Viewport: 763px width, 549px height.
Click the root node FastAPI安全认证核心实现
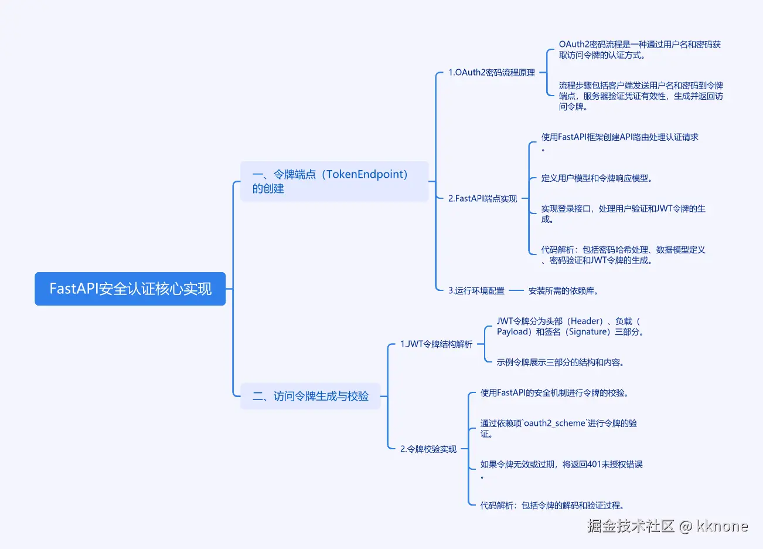130,289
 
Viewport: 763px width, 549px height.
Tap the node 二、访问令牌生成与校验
311,396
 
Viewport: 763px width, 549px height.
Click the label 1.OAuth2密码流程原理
492,73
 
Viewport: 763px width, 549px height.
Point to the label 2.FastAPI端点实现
482,199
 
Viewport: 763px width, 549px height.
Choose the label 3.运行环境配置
476,291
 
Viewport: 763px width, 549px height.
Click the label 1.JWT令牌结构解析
436,344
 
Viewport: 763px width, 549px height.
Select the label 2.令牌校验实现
428,449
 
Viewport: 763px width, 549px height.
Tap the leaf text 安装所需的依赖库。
563,291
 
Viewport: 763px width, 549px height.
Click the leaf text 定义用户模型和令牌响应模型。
597,178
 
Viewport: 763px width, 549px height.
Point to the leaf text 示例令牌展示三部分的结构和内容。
560,362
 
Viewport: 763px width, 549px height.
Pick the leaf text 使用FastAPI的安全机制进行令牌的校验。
554,393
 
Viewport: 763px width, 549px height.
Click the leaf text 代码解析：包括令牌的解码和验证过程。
552,506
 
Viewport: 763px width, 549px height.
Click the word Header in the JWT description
585,321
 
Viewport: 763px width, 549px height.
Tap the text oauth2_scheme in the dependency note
554,423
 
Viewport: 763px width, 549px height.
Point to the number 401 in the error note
594,465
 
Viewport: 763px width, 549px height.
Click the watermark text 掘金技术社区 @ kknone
667,526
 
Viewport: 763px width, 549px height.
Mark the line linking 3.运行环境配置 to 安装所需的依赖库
516,290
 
